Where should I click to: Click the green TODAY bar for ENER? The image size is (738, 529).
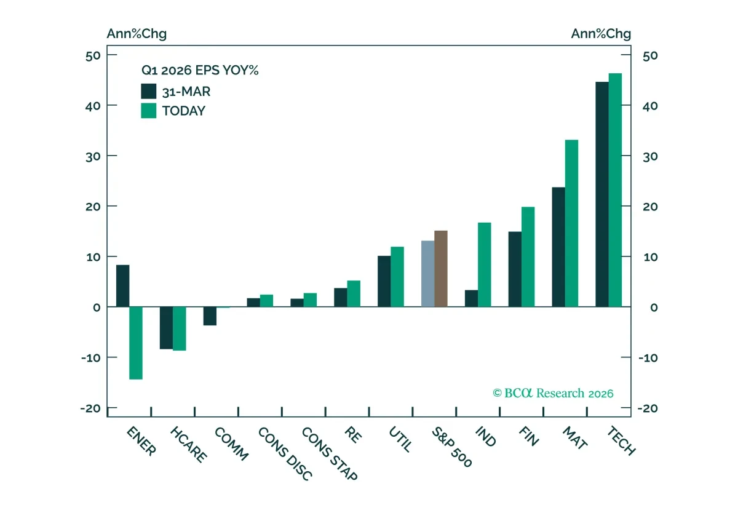(136, 343)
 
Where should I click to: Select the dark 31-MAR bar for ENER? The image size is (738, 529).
(123, 286)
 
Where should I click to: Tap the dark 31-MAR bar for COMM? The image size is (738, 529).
(210, 316)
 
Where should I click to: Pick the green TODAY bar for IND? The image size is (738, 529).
(485, 265)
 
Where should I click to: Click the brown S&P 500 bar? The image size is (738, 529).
(441, 269)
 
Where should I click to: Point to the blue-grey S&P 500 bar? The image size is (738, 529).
(428, 274)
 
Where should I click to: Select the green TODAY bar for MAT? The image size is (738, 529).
(571, 223)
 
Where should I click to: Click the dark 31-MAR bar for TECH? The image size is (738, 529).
(602, 194)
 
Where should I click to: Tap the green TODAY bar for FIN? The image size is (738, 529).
(528, 257)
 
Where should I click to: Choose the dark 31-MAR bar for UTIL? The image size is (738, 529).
(384, 282)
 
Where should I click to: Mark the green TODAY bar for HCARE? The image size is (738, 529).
(180, 329)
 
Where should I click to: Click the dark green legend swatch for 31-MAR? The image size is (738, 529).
(149, 91)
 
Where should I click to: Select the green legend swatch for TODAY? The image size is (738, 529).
(149, 111)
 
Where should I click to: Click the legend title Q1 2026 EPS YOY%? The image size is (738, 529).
(200, 70)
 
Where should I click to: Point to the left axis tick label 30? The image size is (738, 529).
(93, 157)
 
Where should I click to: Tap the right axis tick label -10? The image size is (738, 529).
(648, 358)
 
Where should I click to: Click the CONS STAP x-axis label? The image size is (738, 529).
(330, 454)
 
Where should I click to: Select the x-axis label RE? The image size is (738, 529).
(353, 435)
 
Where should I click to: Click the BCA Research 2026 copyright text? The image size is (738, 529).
(553, 393)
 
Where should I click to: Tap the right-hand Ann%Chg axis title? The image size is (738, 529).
(601, 34)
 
